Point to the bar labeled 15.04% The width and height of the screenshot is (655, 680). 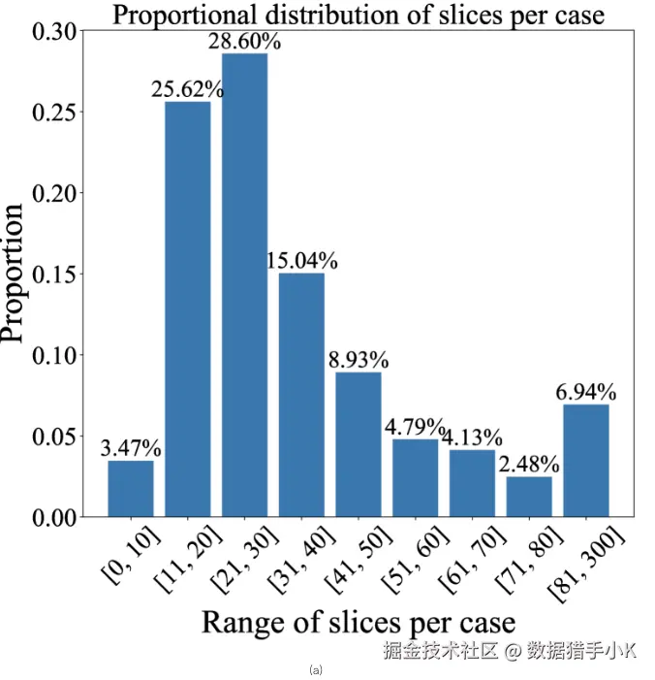click(301, 393)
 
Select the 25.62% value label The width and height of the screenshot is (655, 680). click(187, 90)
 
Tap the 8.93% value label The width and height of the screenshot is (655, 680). click(358, 360)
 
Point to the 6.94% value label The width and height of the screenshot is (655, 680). click(585, 392)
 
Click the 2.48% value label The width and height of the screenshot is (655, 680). click(529, 465)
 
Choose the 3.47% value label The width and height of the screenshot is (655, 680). click(131, 448)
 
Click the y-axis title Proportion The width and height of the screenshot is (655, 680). click(14, 274)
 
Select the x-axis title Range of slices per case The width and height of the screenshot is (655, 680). click(358, 621)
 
